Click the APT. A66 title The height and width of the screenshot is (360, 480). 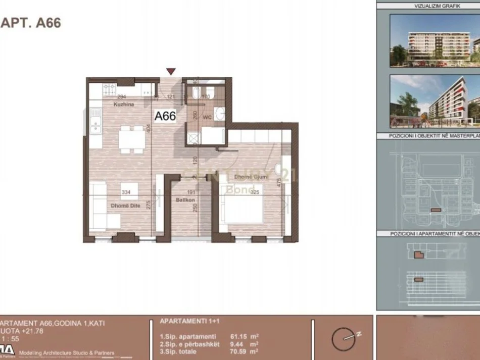[x=31, y=23]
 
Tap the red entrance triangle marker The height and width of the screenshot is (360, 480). [x=171, y=72]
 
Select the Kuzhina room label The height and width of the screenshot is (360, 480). [x=123, y=104]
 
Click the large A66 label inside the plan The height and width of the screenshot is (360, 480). [x=165, y=116]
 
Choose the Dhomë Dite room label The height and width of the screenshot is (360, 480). [x=125, y=205]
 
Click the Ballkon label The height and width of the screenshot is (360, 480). [x=185, y=200]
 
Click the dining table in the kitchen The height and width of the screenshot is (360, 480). [x=132, y=139]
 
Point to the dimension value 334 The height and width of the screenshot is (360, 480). [x=126, y=192]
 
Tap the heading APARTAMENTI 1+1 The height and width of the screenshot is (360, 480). [x=186, y=321]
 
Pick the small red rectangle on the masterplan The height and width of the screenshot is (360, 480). [x=435, y=210]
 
